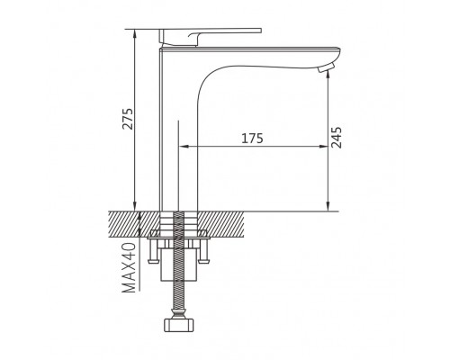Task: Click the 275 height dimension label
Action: click(128, 119)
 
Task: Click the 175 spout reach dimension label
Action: click(252, 138)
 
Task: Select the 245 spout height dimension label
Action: click(337, 138)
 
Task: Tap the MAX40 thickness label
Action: click(130, 267)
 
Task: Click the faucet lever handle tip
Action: click(260, 31)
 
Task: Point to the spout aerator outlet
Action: click(324, 67)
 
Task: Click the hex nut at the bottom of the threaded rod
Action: click(179, 325)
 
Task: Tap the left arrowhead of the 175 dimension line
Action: click(183, 147)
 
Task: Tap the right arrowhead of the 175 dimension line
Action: click(324, 147)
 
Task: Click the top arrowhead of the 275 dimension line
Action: click(135, 33)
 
